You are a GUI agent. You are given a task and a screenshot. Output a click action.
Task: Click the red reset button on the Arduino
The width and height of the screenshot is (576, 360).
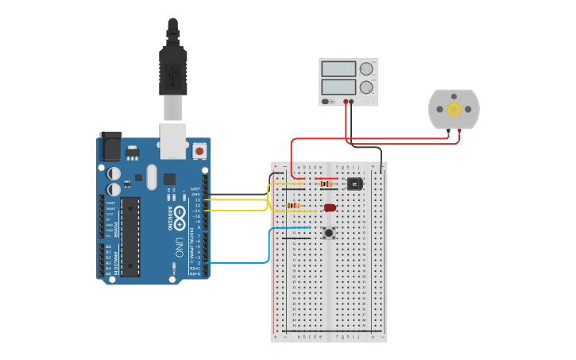(x=199, y=149)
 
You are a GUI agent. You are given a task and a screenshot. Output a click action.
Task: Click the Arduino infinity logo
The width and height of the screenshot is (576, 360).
(x=180, y=214)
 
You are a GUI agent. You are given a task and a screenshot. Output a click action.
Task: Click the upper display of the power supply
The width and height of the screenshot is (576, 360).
(x=338, y=68)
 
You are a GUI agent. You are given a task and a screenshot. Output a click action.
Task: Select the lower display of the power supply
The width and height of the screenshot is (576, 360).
(x=338, y=87)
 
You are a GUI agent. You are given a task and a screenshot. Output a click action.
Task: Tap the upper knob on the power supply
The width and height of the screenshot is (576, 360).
(x=366, y=68)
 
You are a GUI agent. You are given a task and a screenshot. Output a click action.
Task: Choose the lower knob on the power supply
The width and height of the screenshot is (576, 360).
(x=366, y=87)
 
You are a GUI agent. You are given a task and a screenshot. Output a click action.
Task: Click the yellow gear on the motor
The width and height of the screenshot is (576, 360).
(x=454, y=109)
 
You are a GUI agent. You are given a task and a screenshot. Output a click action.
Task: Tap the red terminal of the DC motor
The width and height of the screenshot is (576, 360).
(x=459, y=130)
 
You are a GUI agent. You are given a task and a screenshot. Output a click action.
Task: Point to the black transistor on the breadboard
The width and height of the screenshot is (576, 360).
(x=354, y=184)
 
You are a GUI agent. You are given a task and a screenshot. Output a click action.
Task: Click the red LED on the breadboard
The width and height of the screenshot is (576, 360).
(x=330, y=208)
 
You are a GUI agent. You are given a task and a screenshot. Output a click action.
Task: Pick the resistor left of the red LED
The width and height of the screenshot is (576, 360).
(x=294, y=206)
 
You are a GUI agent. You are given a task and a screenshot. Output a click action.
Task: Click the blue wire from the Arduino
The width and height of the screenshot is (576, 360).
(x=238, y=261)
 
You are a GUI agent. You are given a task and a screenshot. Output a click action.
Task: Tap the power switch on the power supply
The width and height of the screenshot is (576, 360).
(x=326, y=102)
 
